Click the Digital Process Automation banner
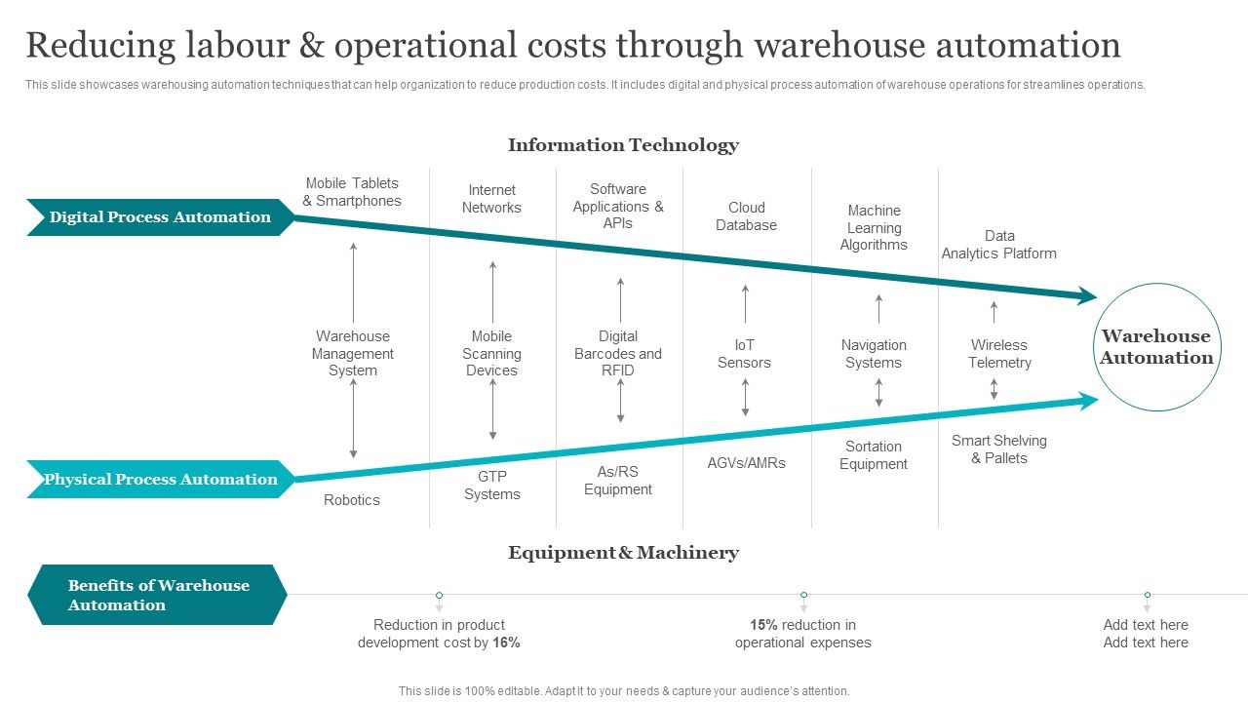pos(160,217)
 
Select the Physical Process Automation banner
pos(160,479)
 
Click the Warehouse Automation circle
pos(1156,347)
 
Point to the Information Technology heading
pos(623,145)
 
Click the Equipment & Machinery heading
pos(623,553)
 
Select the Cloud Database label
pos(746,216)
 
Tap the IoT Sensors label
pos(744,354)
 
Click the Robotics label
pos(352,500)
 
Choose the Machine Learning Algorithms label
pos(874,228)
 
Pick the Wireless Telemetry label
pos(999,354)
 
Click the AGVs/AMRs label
pos(746,463)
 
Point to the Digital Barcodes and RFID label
pos(617,354)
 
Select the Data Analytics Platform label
pos(998,245)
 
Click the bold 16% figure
pos(506,643)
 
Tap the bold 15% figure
pos(763,625)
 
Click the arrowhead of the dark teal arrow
pos(1086,296)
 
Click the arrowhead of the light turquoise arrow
pos(1086,399)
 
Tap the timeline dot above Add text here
pos(1148,595)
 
